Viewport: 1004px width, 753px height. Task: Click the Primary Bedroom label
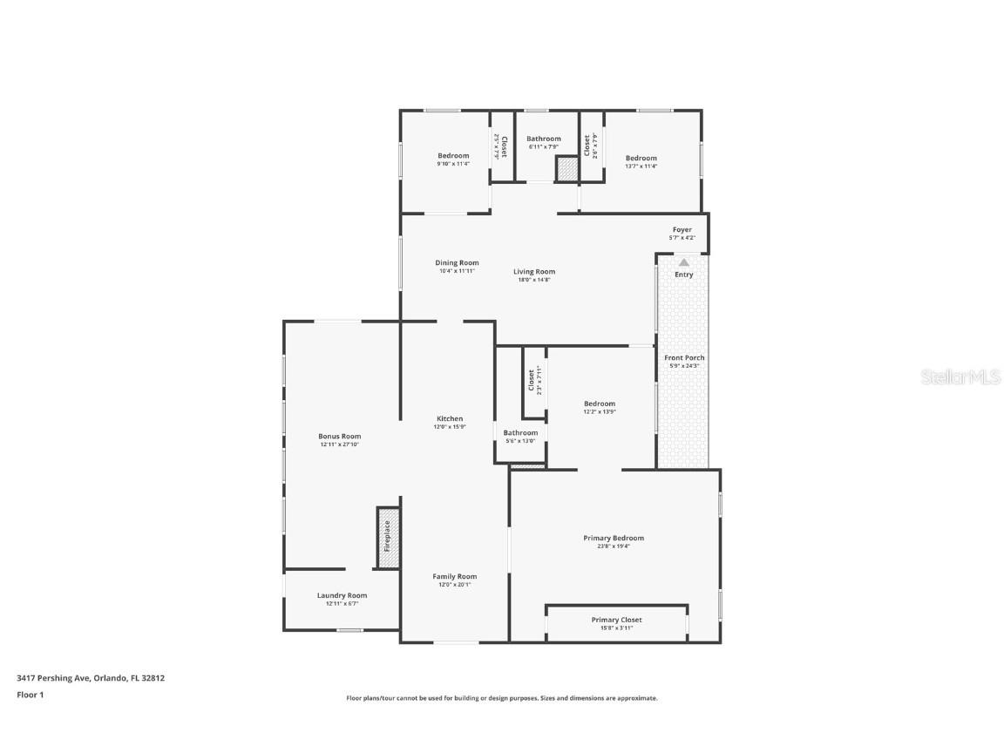pos(614,538)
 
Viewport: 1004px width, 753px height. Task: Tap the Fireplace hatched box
pos(389,537)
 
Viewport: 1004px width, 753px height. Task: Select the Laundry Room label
pos(342,595)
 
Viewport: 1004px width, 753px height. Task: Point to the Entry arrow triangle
pos(684,261)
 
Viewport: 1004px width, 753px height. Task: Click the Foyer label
pos(682,230)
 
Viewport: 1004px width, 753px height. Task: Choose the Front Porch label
pos(684,357)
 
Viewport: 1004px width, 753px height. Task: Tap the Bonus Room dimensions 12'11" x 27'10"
pos(339,444)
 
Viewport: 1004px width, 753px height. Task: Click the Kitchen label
pos(450,418)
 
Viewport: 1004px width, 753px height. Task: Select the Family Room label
pos(455,576)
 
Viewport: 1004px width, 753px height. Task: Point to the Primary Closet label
pos(616,620)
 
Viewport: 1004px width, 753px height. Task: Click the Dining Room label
pos(457,262)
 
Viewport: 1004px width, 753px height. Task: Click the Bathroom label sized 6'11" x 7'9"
pos(543,139)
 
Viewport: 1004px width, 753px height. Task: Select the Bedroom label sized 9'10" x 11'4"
pos(453,155)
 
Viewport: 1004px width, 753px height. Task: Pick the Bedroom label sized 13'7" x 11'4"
pos(641,158)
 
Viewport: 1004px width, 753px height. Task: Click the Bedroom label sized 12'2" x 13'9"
pos(599,404)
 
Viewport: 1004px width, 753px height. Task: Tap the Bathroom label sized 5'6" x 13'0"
pos(520,432)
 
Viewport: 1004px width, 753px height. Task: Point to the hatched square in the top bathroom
pos(567,170)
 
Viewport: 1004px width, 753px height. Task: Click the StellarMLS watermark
pos(963,376)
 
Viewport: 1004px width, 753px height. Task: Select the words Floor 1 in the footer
pos(30,695)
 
